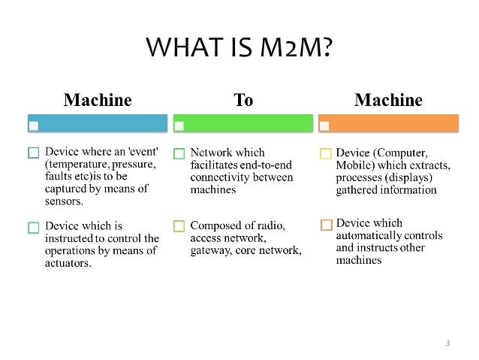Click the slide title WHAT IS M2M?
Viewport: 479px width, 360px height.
[239, 50]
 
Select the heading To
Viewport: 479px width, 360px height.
[244, 99]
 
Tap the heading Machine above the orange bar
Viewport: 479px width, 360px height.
[388, 99]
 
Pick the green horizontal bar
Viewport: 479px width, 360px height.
[243, 123]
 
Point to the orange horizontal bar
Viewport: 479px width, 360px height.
[388, 123]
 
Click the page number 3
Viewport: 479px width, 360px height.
[447, 343]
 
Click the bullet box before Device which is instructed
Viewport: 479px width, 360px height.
[33, 226]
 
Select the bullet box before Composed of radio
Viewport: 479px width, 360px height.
[179, 226]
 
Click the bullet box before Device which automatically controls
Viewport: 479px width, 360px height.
[326, 224]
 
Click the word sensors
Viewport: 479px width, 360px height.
[65, 201]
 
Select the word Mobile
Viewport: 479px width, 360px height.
[357, 165]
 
